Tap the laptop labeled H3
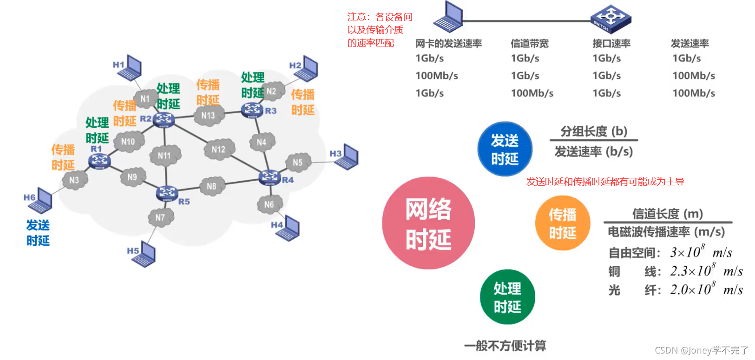(x=347, y=157)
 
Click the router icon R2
(x=164, y=119)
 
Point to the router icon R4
(x=270, y=177)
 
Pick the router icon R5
(x=167, y=193)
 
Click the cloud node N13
(x=208, y=115)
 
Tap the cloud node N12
(x=218, y=149)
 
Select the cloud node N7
(x=160, y=217)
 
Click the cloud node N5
(x=297, y=162)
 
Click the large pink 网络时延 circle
(x=428, y=223)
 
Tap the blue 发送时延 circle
(x=505, y=149)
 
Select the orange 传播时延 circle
(x=563, y=223)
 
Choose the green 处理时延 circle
(x=507, y=297)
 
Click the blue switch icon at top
(x=611, y=18)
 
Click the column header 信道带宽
(x=530, y=44)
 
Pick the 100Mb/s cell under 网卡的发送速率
(x=437, y=75)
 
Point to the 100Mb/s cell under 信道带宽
(x=532, y=93)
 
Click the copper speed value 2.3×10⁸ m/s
(x=706, y=271)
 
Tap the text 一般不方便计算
(x=505, y=346)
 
